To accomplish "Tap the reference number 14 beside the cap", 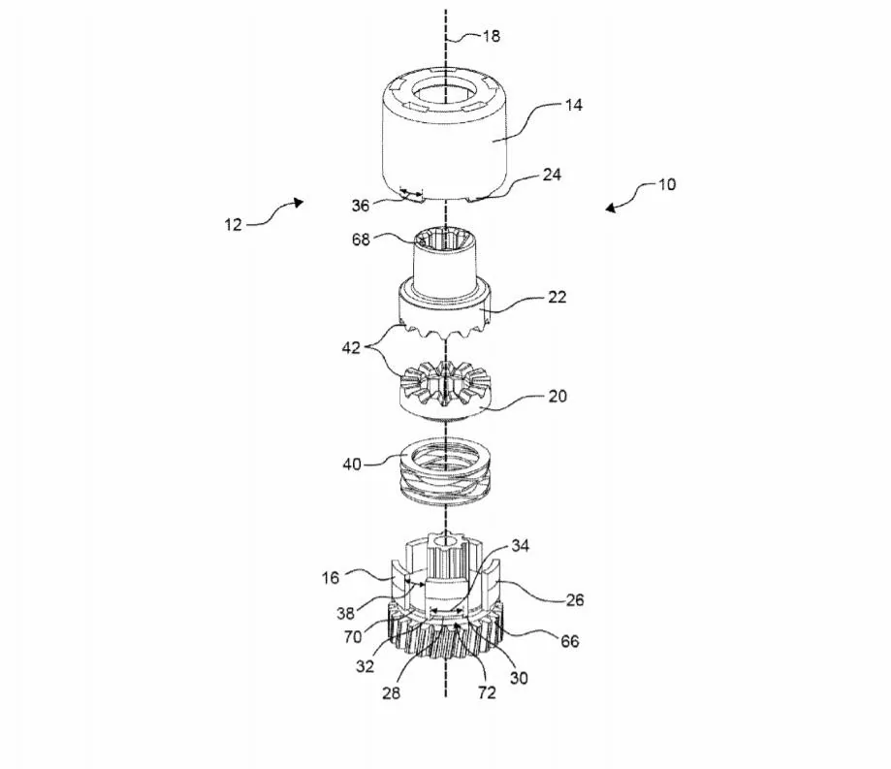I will [x=574, y=105].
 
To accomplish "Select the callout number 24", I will [x=553, y=176].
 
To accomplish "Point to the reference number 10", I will [x=667, y=184].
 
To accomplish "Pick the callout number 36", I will [x=361, y=205].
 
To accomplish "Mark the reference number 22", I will [x=556, y=298].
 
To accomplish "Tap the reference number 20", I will [x=557, y=396].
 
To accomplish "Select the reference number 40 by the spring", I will [x=351, y=464].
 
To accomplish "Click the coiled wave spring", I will [x=445, y=475].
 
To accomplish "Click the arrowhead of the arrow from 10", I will [x=608, y=208].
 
